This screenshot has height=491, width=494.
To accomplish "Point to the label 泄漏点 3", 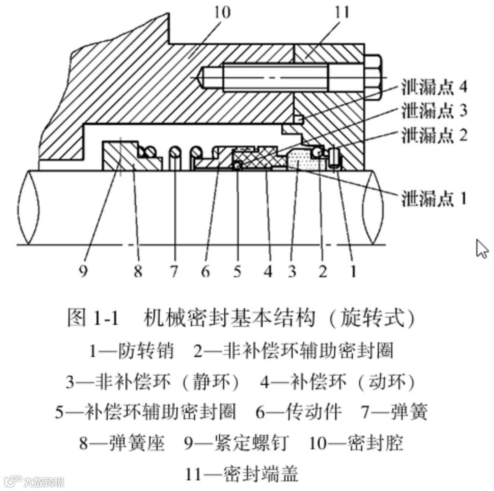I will click(434, 111).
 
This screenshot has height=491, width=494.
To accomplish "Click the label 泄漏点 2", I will click(434, 136).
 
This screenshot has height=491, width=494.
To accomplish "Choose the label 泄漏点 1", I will click(434, 198).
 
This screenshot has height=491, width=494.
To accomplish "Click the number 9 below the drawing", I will click(83, 272).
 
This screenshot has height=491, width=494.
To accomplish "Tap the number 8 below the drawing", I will click(138, 272).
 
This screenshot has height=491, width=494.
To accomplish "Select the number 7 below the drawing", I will click(173, 272).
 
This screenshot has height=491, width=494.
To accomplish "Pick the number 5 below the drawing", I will click(237, 272).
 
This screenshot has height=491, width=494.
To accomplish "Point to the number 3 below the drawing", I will click(292, 272).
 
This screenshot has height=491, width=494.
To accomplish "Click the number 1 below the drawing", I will click(352, 272).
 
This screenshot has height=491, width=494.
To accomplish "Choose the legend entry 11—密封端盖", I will click(242, 474).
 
